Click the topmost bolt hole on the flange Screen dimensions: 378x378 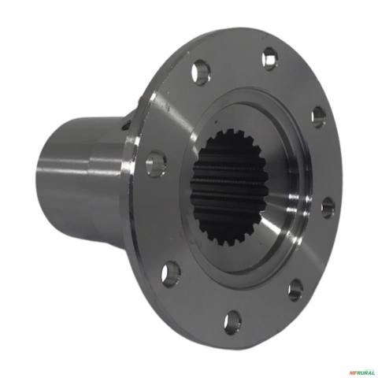[x=270, y=59]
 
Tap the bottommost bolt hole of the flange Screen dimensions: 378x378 [x=232, y=322]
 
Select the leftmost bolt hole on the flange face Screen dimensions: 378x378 [x=156, y=163]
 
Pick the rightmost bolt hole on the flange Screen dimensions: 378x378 [x=328, y=208]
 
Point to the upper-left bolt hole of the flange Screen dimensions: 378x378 [x=201, y=72]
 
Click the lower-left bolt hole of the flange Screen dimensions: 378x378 [x=171, y=274]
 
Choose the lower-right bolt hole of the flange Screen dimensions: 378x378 [x=295, y=291]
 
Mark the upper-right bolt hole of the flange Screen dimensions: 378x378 [x=319, y=117]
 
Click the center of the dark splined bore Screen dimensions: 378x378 [x=229, y=188]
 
